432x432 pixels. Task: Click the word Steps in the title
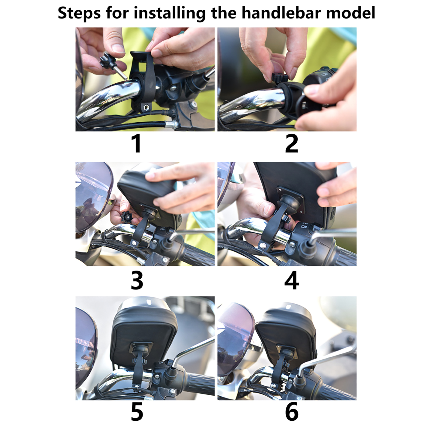coord(79,13)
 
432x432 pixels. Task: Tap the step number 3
coord(137,281)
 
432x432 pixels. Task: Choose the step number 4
coord(292,281)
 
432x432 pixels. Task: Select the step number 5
coord(137,411)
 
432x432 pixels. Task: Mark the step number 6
coord(292,411)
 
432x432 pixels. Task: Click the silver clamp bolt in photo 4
coord(262,246)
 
